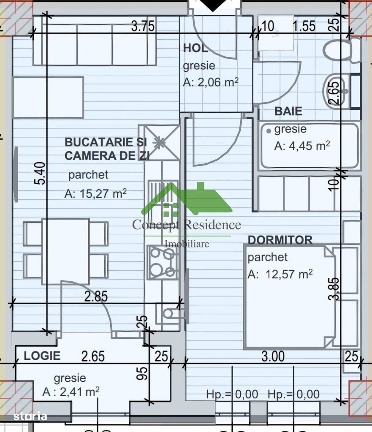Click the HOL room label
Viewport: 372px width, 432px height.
[195, 48]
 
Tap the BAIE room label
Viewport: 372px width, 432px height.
[288, 111]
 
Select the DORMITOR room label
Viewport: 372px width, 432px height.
[280, 240]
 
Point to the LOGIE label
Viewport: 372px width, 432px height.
[42, 356]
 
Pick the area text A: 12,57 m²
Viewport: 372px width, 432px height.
[280, 274]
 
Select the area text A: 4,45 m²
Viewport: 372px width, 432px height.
[302, 146]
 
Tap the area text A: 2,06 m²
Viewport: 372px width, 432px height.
[211, 82]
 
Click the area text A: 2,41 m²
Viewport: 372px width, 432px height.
[71, 391]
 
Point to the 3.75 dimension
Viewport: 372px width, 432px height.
[143, 27]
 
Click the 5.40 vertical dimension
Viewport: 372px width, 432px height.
[39, 173]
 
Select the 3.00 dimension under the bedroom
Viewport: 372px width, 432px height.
[273, 356]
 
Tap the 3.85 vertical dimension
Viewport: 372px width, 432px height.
[334, 288]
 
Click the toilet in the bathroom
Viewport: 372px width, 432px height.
[342, 50]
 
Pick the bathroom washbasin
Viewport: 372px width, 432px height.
[334, 90]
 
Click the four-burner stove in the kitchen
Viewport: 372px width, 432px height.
[163, 262]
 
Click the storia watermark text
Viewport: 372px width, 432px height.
[30, 416]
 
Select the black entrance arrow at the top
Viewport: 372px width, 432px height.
[213, 5]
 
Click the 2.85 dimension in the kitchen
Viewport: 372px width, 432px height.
[95, 296]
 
